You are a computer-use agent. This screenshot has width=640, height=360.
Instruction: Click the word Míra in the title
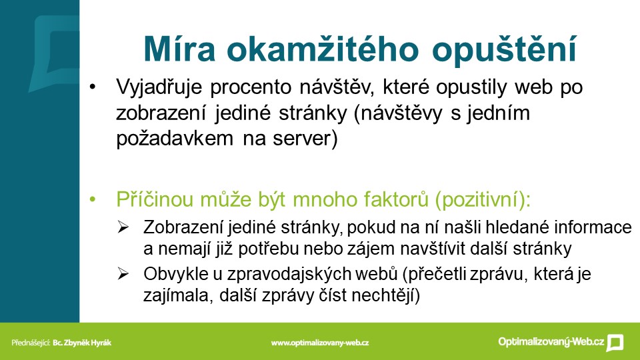[x=179, y=49]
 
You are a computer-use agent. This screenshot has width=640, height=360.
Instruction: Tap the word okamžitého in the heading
[x=323, y=49]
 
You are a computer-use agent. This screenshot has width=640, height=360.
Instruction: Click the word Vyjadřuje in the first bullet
[x=159, y=87]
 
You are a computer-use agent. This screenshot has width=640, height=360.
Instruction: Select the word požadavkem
[x=175, y=139]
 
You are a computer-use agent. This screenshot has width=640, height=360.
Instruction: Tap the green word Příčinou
[x=155, y=199]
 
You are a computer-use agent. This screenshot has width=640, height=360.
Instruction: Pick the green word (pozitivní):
[x=483, y=200]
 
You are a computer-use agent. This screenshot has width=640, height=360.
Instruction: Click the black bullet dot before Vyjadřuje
[x=93, y=87]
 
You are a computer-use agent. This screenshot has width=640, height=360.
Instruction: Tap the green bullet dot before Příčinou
[x=93, y=199]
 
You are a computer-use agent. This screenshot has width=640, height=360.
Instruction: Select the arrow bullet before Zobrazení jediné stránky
[x=123, y=227]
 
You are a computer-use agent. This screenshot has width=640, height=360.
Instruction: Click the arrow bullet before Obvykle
[x=123, y=273]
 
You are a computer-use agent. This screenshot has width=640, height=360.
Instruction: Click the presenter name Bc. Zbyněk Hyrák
[x=82, y=343]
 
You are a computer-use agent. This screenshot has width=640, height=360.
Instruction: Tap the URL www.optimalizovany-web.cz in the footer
[x=319, y=343]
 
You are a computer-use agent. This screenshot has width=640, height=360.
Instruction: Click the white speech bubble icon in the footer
[x=615, y=343]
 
